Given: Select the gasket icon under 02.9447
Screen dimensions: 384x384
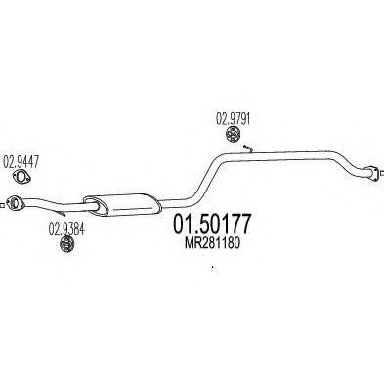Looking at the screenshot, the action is pos(20,179).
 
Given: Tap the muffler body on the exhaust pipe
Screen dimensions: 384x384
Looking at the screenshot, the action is pos(121,202).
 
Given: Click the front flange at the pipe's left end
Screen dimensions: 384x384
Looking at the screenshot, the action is pos(15,203).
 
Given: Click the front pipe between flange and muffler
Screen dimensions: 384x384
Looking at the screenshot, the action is pos(54,204).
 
